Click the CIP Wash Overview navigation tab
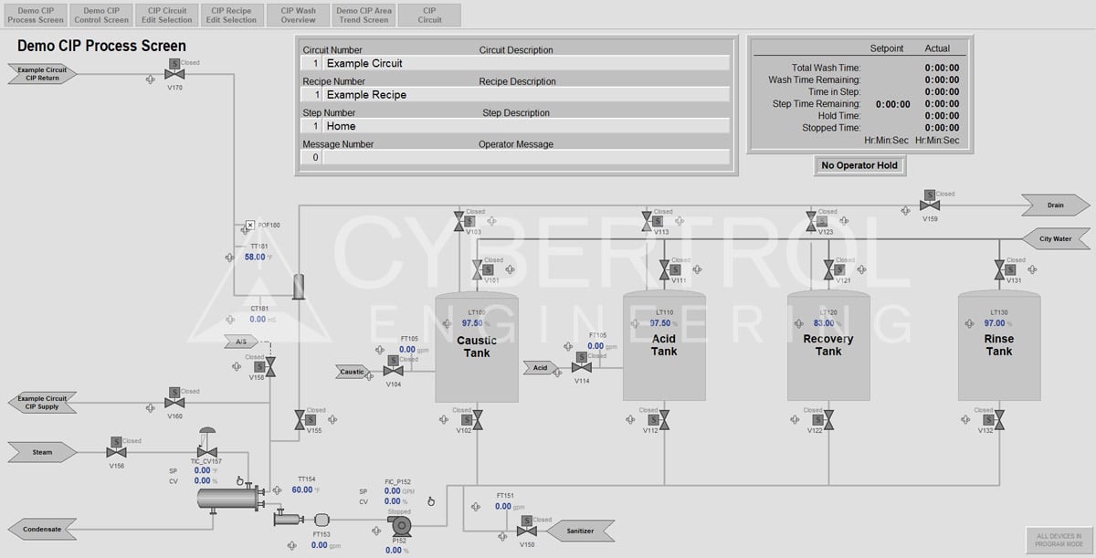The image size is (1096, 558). (x=299, y=15)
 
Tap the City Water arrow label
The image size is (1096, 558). (x=1055, y=239)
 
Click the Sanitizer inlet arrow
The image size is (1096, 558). (x=580, y=531)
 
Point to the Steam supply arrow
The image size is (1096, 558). (x=43, y=452)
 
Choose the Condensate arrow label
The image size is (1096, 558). (x=43, y=529)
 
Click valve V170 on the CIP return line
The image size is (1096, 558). (x=174, y=73)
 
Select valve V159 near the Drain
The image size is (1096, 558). (x=930, y=205)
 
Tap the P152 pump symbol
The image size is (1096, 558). (x=400, y=529)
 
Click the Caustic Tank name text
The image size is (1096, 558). (x=477, y=346)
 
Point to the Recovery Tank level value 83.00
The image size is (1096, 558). (x=824, y=323)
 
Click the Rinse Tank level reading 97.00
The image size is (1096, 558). (x=995, y=323)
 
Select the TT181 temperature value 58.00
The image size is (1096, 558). (x=255, y=258)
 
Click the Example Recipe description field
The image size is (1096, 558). (x=525, y=95)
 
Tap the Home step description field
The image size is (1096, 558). (x=525, y=126)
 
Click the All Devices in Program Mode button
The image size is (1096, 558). (x=1058, y=540)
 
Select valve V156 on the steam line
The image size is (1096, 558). (x=116, y=451)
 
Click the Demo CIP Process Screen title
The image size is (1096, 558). (x=101, y=46)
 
